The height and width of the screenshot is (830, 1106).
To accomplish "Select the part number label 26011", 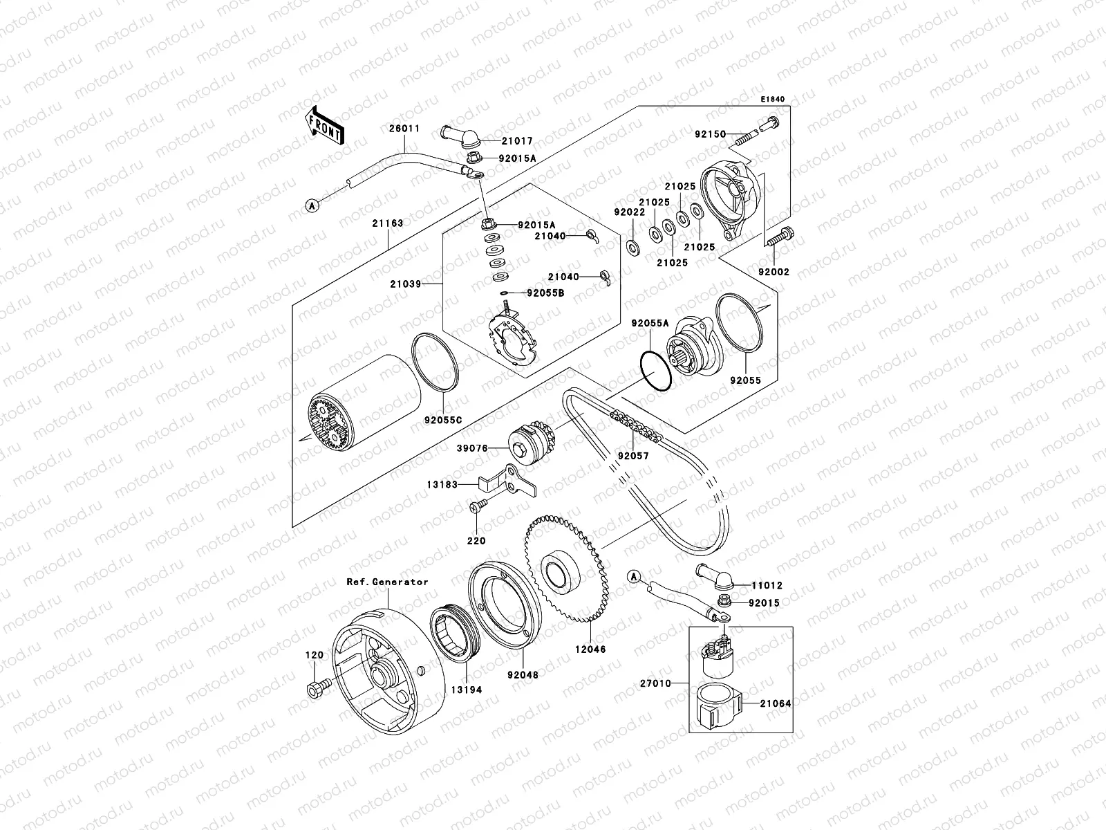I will click(405, 129).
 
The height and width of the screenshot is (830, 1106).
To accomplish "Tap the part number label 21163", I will click(387, 223).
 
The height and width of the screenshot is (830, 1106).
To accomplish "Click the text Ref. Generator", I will click(387, 582).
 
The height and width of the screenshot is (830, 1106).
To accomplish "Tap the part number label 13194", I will click(467, 690).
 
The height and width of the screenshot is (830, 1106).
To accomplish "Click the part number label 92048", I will click(523, 674).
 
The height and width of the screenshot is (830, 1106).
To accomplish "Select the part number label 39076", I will click(471, 448).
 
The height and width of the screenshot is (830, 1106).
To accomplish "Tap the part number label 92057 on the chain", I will click(633, 456).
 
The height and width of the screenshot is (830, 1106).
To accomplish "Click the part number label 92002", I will click(773, 273).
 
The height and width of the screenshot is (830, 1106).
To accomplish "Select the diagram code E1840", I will click(773, 100).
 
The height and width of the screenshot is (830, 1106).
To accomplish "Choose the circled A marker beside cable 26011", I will click(312, 205).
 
